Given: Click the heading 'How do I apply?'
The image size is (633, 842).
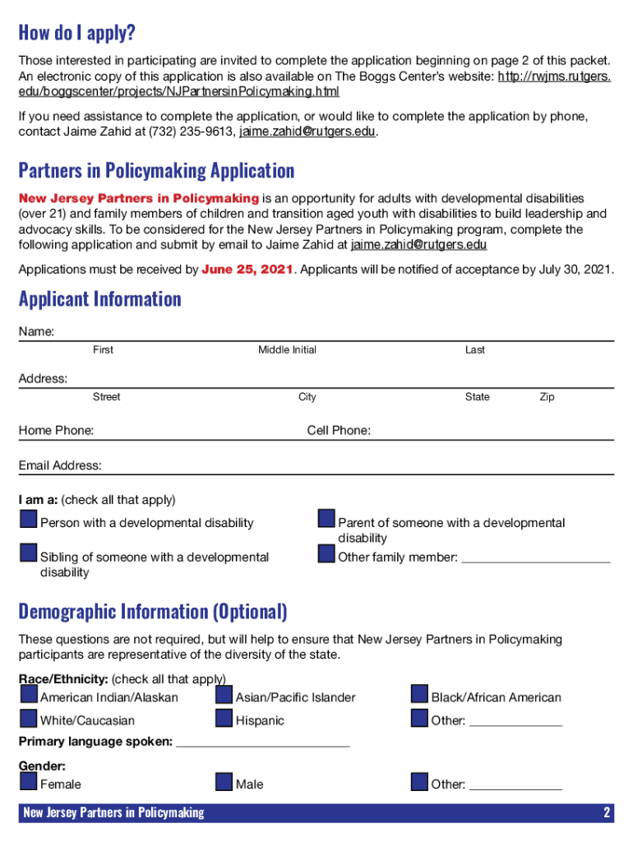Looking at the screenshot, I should point(76,34).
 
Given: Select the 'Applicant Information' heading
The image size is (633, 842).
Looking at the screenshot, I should point(100,298).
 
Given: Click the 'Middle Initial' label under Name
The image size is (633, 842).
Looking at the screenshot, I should point(287,350).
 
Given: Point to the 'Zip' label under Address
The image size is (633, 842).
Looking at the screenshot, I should point(547,397).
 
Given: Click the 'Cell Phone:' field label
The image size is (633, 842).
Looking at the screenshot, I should point(339,431).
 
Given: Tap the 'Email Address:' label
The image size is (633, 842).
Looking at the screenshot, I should point(60,466).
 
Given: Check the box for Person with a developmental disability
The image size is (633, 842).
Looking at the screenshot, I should point(29,520).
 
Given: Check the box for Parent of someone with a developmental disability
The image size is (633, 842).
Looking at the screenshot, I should point(326,520).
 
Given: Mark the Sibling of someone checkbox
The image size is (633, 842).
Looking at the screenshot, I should point(29,553).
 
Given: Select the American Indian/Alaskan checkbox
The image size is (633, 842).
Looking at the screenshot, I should point(29,694).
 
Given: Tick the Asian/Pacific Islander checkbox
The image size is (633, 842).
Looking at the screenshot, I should point(224,694).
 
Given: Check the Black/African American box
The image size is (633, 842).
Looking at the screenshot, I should point(419,694).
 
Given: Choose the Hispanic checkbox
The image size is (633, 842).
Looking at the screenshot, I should point(224,718).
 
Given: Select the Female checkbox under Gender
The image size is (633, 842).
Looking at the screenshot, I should point(29,781).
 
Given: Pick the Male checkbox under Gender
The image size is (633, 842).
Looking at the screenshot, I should point(224,781).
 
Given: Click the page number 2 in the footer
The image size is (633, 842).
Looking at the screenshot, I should point(607,813).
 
